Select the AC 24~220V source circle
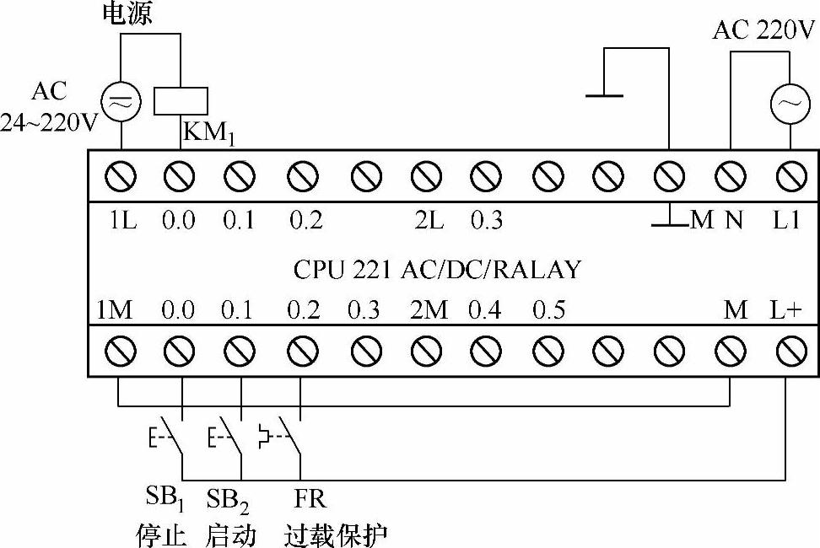(x=120, y=102)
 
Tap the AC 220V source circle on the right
(x=790, y=103)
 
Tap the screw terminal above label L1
(x=790, y=177)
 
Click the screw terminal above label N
(x=730, y=177)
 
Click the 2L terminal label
(x=428, y=221)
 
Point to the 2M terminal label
(x=429, y=310)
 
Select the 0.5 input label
(x=548, y=310)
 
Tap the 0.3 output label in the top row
(x=487, y=221)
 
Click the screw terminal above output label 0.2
(x=301, y=177)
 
